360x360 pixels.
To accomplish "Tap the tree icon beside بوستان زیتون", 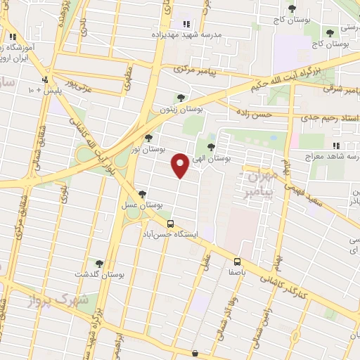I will (181, 98).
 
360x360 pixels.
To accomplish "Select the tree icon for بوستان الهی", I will (212, 146).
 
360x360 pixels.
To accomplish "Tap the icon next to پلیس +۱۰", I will (46, 79).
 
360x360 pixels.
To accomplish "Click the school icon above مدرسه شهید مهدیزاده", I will (186, 24).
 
